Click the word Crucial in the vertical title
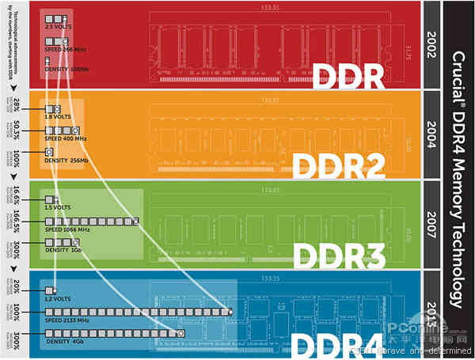click(x=458, y=75)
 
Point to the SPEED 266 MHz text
click(x=66, y=48)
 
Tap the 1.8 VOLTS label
click(x=59, y=117)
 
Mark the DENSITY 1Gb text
click(x=63, y=249)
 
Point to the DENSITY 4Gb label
click(x=63, y=341)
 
